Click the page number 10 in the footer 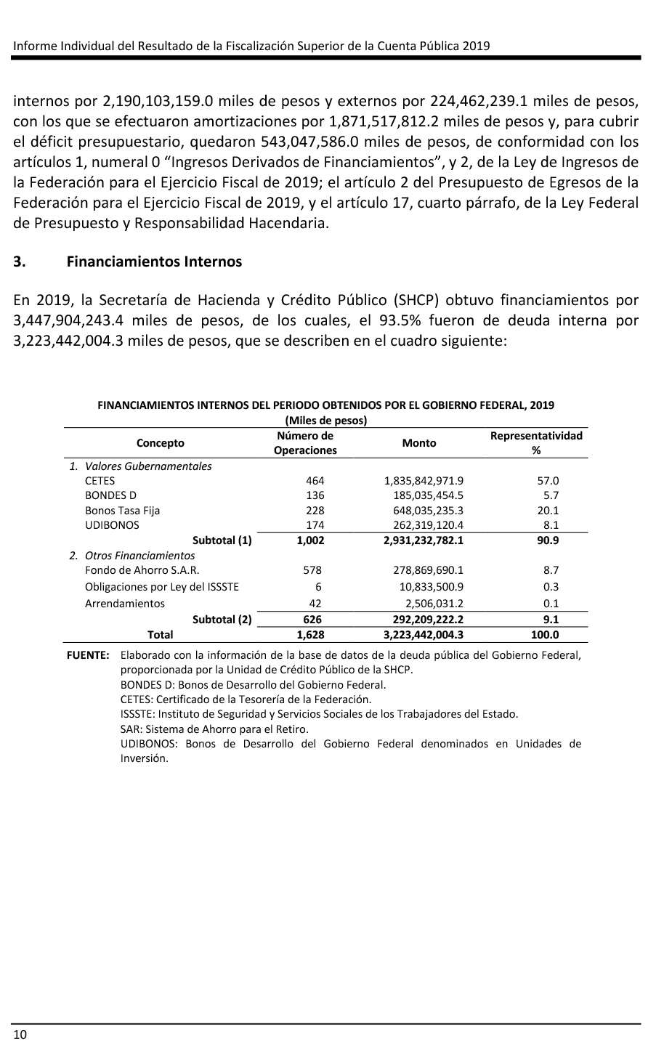(x=20, y=1034)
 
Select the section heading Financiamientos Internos (x=154, y=261)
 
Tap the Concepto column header (x=161, y=443)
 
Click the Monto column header (x=419, y=443)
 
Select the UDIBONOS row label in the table (x=112, y=525)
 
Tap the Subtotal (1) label (x=222, y=540)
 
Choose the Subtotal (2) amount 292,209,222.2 (x=423, y=620)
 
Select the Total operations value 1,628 (x=310, y=635)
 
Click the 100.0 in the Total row (x=545, y=635)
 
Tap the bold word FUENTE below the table (x=88, y=655)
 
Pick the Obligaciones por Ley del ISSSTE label (x=162, y=587)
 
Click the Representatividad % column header (x=536, y=443)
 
